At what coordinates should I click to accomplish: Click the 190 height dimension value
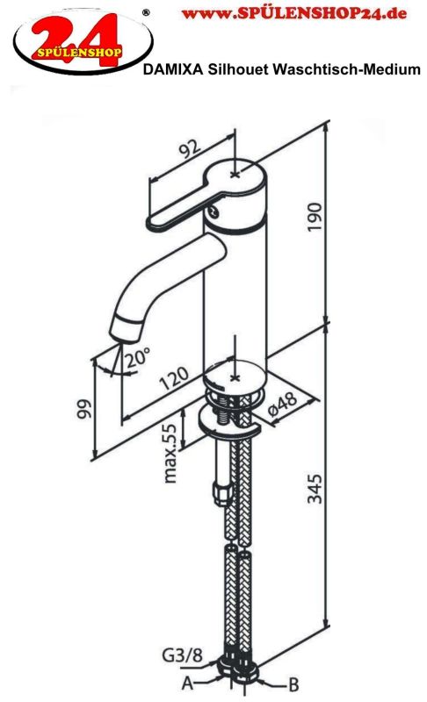315,217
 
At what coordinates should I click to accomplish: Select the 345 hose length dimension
315,489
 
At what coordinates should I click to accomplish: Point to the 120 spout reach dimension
174,379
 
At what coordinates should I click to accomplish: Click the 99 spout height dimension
84,409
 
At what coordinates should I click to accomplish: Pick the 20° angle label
137,357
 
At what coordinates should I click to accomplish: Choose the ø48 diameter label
283,403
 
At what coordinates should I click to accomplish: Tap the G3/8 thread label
183,655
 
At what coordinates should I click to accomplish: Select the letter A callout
188,683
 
